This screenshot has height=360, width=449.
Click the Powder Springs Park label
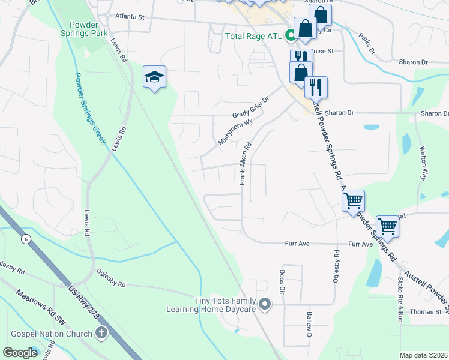click(x=92, y=30)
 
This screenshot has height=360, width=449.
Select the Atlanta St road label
click(x=130, y=17)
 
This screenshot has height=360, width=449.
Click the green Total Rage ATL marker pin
click(x=291, y=36)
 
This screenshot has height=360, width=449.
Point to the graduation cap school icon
click(x=154, y=77)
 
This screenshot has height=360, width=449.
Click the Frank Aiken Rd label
click(x=246, y=163)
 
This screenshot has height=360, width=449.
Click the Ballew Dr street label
click(x=309, y=324)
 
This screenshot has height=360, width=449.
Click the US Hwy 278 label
click(x=84, y=304)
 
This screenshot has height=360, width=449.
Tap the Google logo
click(x=20, y=352)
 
